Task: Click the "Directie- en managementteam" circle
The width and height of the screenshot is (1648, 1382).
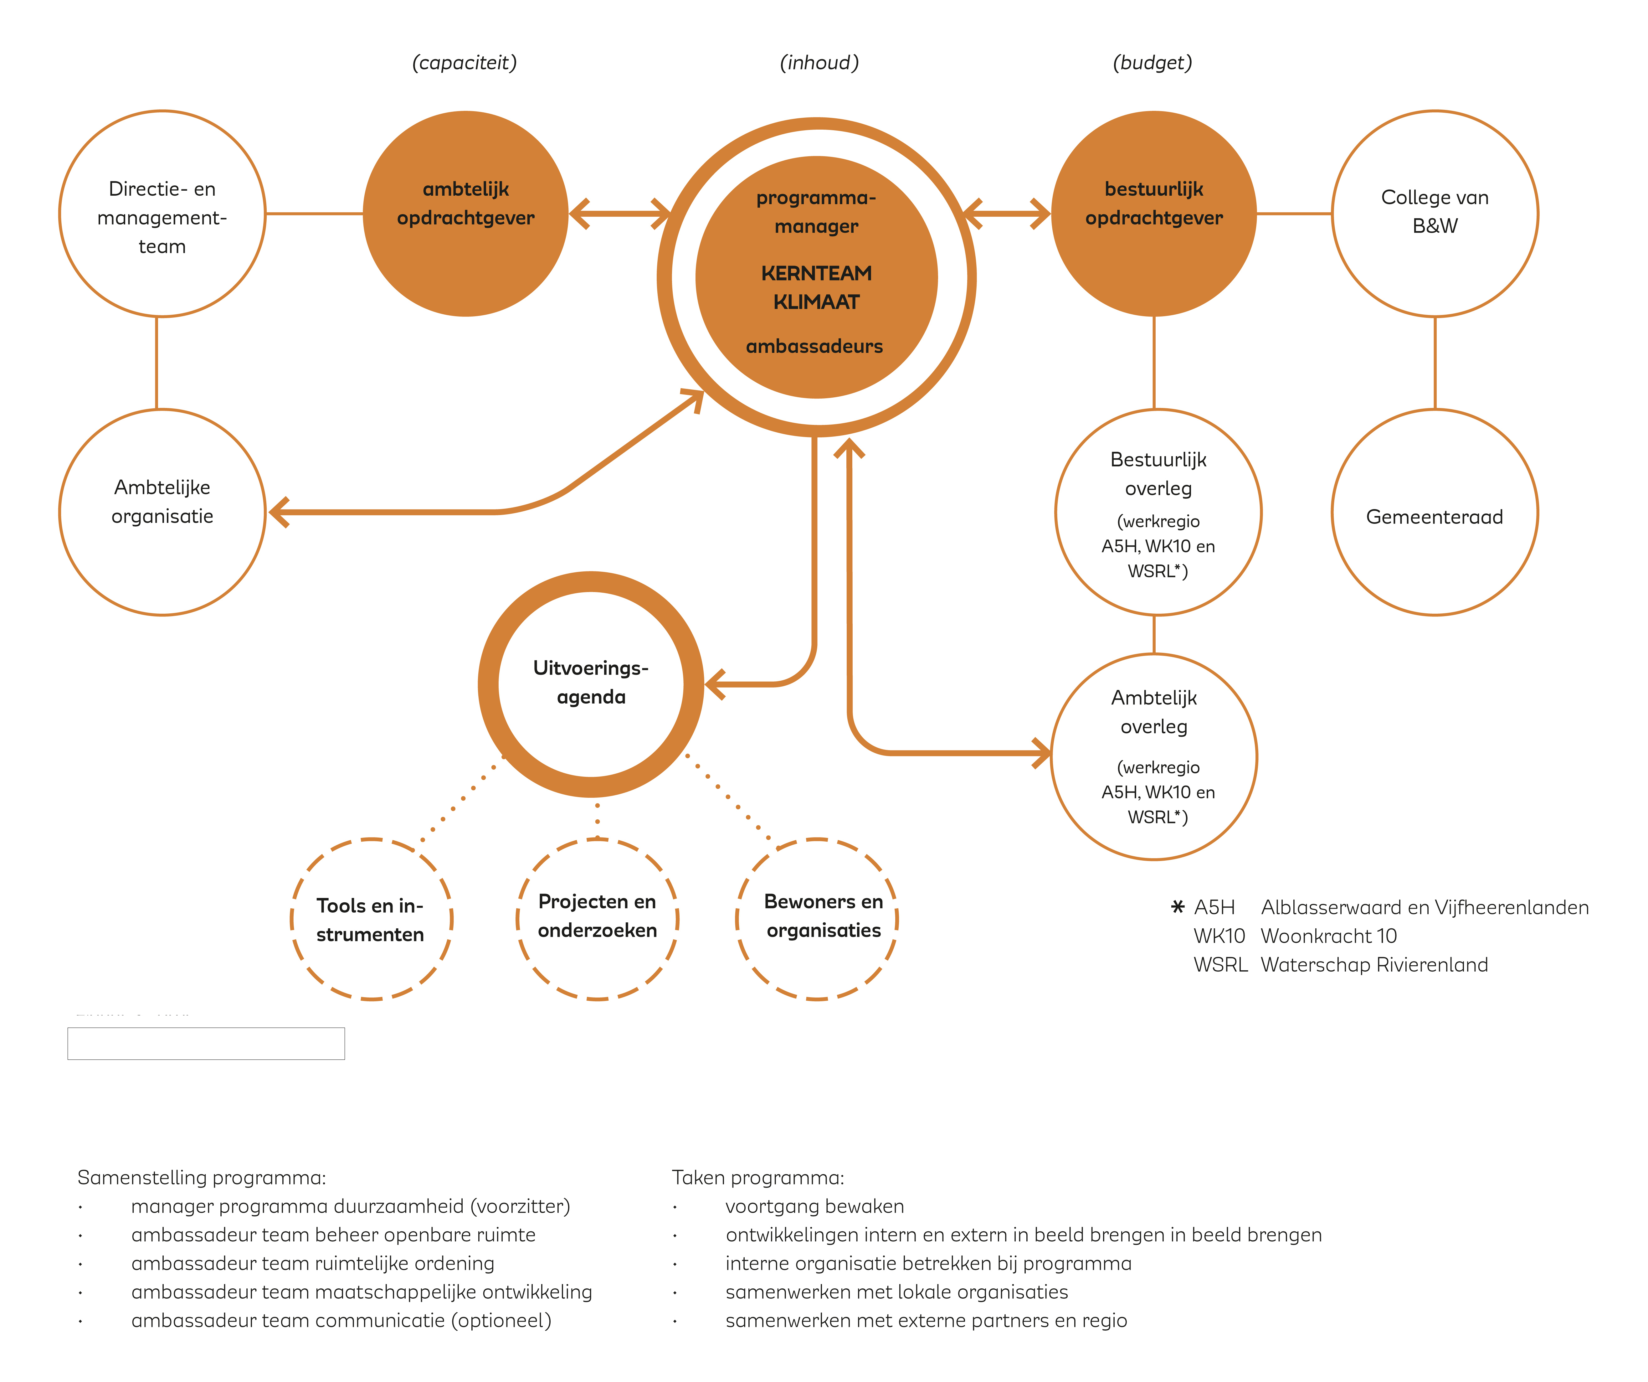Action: (162, 214)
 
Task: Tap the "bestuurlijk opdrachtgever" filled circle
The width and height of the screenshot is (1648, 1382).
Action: (1154, 214)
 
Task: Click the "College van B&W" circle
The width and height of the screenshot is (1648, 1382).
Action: (1435, 214)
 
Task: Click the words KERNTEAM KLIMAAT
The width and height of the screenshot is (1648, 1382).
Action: (816, 287)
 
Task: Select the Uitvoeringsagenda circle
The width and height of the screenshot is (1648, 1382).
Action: (591, 683)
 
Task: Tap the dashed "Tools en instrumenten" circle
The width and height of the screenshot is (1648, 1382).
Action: (371, 919)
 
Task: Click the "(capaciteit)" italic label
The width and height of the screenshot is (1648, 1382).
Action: (465, 63)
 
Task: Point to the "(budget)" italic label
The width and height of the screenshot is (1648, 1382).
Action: (1152, 63)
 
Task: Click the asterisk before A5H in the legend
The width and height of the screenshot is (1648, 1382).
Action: (1177, 907)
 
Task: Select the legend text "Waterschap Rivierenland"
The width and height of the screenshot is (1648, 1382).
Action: (1374, 965)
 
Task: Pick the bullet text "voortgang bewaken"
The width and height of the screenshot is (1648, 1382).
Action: (814, 1206)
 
